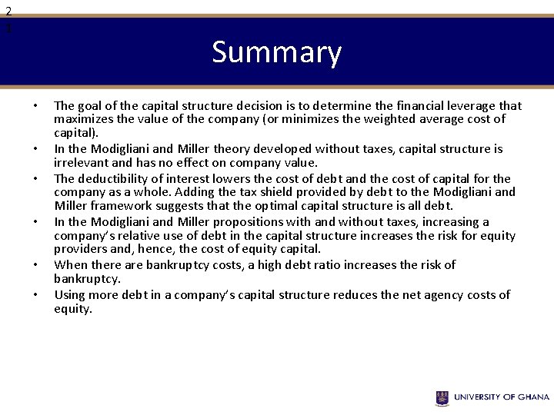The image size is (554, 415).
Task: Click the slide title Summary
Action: tap(276, 52)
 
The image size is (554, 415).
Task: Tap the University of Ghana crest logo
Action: tap(442, 397)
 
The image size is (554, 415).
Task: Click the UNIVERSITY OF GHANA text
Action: tap(501, 397)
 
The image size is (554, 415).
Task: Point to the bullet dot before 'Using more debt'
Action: tap(35, 295)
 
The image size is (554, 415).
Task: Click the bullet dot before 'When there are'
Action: tap(35, 265)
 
